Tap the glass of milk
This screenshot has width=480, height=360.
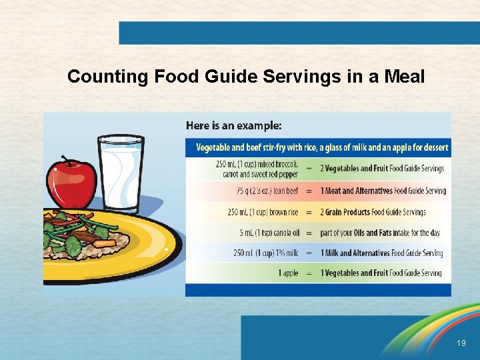(x=121, y=172)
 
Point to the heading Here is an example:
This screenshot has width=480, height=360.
(x=233, y=125)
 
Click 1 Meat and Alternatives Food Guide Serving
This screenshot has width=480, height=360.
(x=383, y=191)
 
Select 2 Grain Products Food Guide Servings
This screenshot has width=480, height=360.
(x=382, y=212)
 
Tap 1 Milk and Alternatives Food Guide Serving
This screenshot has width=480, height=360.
(x=381, y=253)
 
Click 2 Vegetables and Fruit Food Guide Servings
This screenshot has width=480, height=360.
(x=381, y=169)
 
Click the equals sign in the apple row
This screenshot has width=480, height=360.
(x=309, y=273)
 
